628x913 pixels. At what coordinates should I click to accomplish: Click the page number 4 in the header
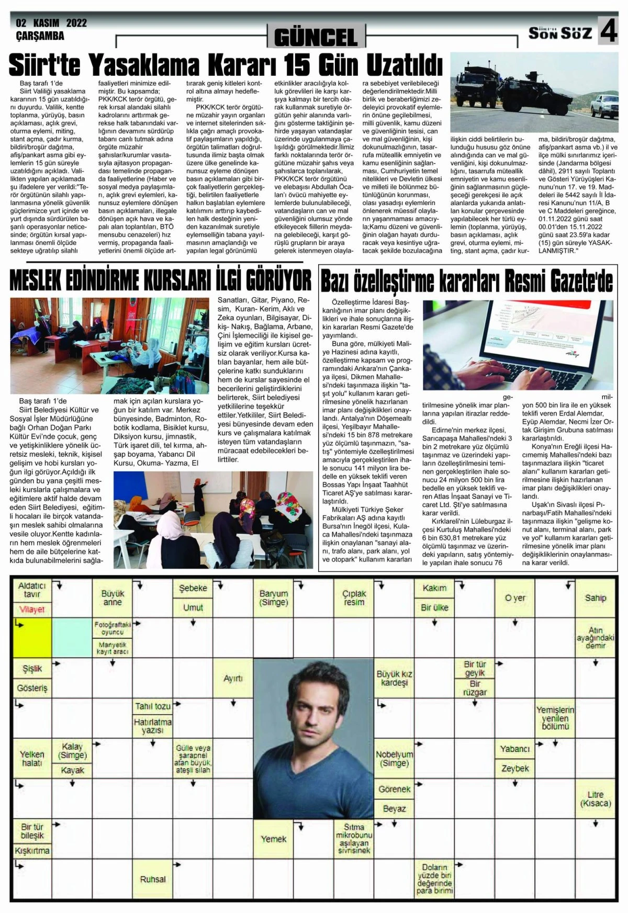608,31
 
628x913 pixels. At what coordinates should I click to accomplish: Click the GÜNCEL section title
315,37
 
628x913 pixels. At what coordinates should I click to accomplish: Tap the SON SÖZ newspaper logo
559,33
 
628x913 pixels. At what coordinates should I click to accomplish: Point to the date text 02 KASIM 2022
51,23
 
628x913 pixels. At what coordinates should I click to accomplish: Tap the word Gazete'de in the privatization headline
581,282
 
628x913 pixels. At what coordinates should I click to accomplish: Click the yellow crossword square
31,637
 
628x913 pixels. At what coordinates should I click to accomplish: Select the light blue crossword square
72,637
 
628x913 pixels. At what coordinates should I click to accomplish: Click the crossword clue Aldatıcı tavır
32,590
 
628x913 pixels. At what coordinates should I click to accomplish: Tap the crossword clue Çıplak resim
354,598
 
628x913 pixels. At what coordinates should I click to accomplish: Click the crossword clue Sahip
596,598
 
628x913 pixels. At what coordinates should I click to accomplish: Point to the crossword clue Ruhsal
153,879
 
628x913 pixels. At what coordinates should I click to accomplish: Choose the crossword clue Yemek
273,839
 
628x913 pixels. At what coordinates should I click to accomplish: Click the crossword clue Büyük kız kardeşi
394,678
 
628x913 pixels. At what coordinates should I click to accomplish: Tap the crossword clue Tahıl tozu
153,706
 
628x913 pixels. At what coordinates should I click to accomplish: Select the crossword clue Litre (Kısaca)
596,798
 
